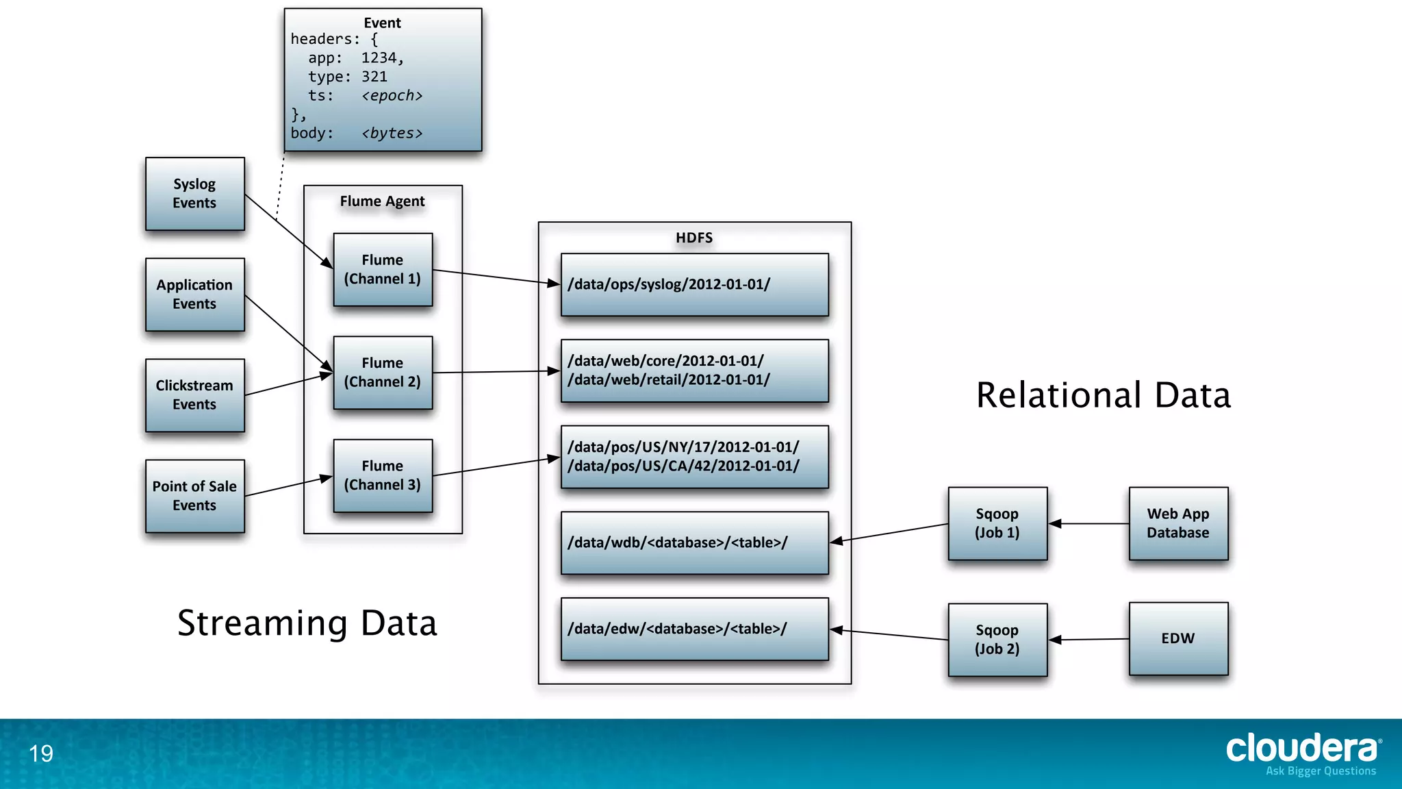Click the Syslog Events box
[x=194, y=194]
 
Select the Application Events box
[x=194, y=295]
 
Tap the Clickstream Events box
[x=194, y=395]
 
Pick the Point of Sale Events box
[x=194, y=496]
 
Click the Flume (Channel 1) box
[x=383, y=269]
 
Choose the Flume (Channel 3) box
[x=383, y=475]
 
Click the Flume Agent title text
[x=382, y=201]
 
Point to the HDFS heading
[x=694, y=238]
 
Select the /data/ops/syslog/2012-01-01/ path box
[x=694, y=285]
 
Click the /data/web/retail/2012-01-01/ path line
[x=668, y=380]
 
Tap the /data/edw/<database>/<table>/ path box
[x=694, y=629]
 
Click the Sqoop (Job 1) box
[x=997, y=523]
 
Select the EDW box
[x=1178, y=638]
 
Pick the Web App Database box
[x=1178, y=523]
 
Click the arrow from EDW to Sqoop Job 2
[x=1088, y=640]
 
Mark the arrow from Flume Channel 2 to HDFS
[x=496, y=372]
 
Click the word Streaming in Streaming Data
[x=263, y=624]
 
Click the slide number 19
[x=41, y=753]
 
